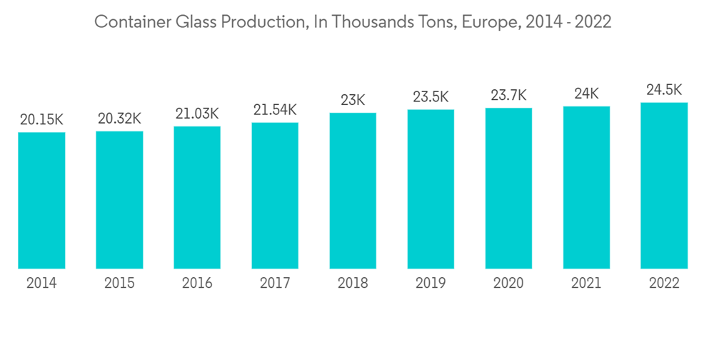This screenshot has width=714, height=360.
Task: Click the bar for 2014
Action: [41, 201]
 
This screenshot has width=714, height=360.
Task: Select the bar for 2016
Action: [197, 198]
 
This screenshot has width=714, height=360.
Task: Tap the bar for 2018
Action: [353, 191]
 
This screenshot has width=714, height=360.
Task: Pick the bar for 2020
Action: [508, 189]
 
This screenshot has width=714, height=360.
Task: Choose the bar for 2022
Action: [664, 186]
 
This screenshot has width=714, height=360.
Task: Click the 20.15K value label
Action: [41, 120]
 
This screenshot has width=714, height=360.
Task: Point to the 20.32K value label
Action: [119, 119]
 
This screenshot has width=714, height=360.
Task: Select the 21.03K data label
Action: [197, 114]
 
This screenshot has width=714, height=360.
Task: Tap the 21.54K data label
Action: [275, 110]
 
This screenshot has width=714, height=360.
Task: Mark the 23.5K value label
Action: [431, 96]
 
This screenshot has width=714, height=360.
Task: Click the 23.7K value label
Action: [508, 95]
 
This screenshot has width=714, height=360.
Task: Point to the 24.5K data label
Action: [664, 90]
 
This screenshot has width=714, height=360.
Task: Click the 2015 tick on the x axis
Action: [119, 283]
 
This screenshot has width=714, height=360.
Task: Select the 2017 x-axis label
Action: [275, 283]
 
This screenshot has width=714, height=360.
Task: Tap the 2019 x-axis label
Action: [431, 283]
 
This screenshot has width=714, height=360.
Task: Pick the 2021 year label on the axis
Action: [586, 283]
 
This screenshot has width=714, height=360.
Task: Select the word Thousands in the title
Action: [357, 22]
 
